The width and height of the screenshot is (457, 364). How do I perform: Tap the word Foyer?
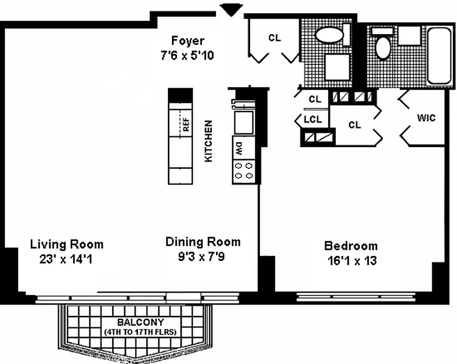188,40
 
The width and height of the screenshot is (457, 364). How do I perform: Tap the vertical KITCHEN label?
208,141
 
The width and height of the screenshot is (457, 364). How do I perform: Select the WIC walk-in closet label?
426,118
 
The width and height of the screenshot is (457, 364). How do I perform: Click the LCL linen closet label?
313,120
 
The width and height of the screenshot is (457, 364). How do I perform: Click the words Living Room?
67,244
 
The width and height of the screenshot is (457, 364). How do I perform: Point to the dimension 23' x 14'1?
66,260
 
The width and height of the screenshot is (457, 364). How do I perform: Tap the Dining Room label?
202,242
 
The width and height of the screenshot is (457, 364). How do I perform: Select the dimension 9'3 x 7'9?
202,257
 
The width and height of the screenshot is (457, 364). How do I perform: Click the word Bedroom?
351,246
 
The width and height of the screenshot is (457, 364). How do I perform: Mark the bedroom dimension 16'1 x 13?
352,261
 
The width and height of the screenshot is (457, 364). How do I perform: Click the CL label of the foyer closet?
274,38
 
